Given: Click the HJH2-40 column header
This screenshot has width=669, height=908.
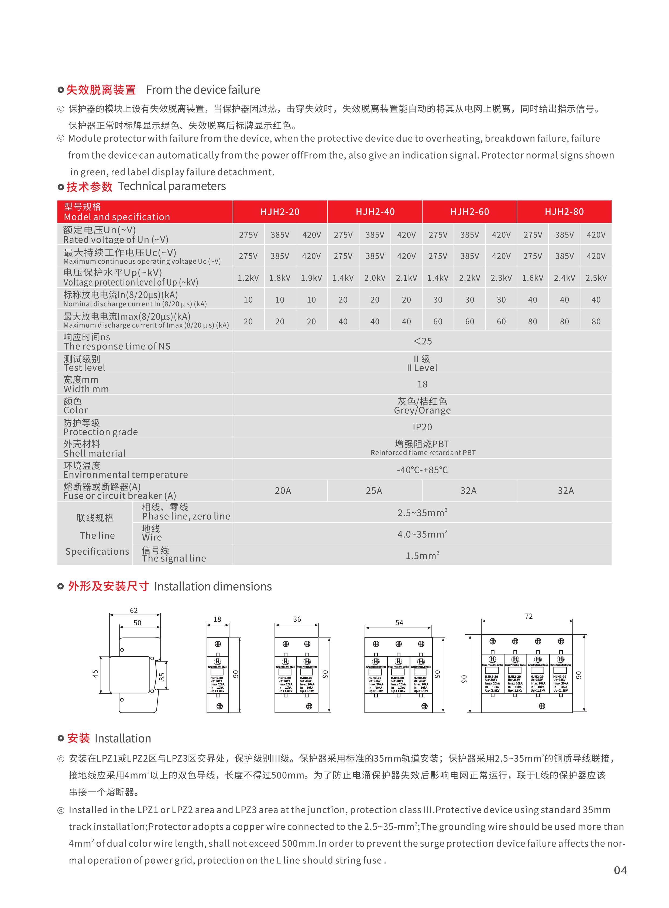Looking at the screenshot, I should (375, 212).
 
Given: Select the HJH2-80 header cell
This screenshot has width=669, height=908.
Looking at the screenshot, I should (564, 212).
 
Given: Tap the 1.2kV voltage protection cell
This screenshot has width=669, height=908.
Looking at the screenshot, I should (248, 278).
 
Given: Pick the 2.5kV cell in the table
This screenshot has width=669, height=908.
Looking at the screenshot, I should (596, 278).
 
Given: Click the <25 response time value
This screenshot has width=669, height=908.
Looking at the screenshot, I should (422, 341).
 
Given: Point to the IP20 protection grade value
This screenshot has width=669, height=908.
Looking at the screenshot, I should (422, 427).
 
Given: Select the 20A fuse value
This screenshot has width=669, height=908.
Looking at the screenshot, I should (283, 491).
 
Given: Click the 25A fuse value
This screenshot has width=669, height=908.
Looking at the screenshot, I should (374, 491).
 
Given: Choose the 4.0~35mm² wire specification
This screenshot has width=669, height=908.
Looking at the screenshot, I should (422, 534).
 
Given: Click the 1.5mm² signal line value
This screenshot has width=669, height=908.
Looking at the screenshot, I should (422, 556).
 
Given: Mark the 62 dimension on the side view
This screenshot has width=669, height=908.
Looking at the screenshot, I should (134, 610).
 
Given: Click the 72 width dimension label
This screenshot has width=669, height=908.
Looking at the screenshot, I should (529, 616).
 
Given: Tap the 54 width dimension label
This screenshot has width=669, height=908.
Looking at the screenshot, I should (399, 622).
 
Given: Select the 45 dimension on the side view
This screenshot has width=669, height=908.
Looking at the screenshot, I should (95, 673).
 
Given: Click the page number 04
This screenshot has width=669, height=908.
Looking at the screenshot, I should (620, 870).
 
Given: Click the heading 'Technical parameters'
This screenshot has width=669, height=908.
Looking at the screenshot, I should (172, 186).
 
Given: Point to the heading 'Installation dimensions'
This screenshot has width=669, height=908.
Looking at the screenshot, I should (212, 587).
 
